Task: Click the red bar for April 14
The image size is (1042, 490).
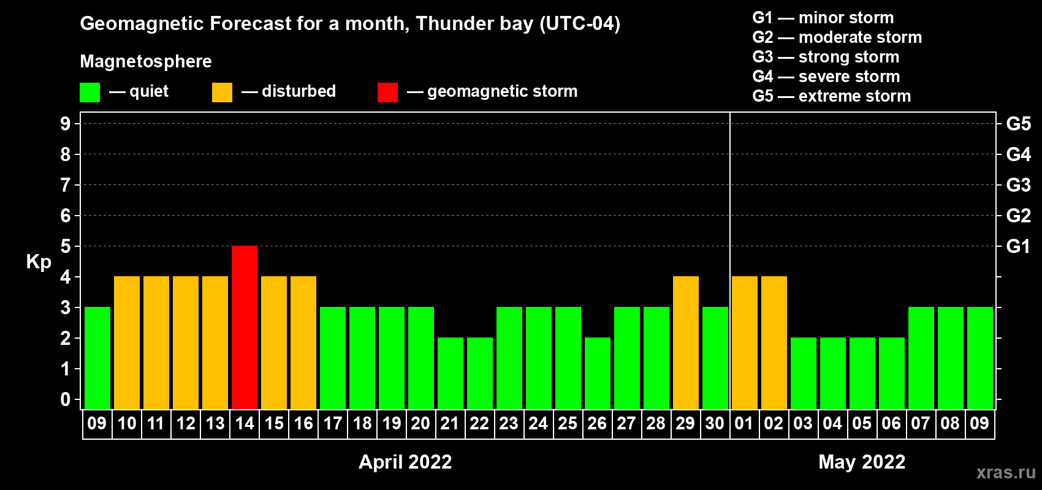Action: tap(245, 327)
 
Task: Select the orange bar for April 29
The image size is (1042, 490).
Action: tap(686, 342)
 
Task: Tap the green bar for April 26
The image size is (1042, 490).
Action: tap(598, 373)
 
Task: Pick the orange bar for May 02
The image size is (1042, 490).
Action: tap(774, 342)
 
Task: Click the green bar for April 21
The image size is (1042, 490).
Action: tap(451, 373)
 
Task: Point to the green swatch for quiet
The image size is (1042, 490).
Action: tap(89, 92)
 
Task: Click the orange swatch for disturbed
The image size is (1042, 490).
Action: tap(222, 92)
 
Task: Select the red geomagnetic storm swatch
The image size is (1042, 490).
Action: tap(387, 92)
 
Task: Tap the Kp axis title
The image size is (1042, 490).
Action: tap(39, 262)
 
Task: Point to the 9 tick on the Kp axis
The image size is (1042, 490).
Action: tap(65, 124)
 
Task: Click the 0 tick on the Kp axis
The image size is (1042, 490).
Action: tap(65, 399)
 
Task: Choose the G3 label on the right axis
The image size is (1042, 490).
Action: tap(1018, 185)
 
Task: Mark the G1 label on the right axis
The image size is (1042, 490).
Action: tap(1018, 246)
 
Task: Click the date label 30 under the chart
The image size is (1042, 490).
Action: tap(715, 423)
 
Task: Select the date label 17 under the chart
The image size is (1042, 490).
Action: tap(333, 423)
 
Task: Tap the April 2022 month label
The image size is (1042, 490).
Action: tap(405, 462)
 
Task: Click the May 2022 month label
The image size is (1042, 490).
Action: tap(862, 462)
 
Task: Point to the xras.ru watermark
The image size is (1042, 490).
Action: tap(1006, 472)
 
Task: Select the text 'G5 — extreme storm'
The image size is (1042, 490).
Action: tap(831, 96)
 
